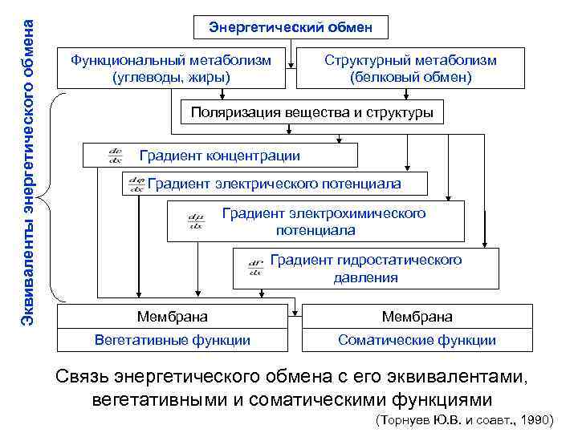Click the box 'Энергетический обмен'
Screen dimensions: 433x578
coord(291,27)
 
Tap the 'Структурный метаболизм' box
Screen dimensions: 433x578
coord(410,68)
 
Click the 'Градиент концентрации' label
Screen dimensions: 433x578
coord(220,156)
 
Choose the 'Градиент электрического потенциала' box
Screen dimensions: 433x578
coord(274,184)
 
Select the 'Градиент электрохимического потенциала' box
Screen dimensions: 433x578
coord(324,221)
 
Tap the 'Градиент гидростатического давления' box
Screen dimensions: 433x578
coord(366,269)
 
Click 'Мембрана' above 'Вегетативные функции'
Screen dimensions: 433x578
coord(172,317)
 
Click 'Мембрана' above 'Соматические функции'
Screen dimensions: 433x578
coord(417,317)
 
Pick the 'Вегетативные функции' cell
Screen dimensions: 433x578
coord(172,340)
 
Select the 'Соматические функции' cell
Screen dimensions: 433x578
coord(417,340)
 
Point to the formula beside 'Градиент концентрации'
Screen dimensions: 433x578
coord(115,156)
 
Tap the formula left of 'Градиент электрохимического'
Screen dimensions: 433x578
coord(195,221)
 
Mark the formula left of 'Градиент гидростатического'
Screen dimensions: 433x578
coord(256,266)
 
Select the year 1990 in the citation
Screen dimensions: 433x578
coord(535,419)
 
